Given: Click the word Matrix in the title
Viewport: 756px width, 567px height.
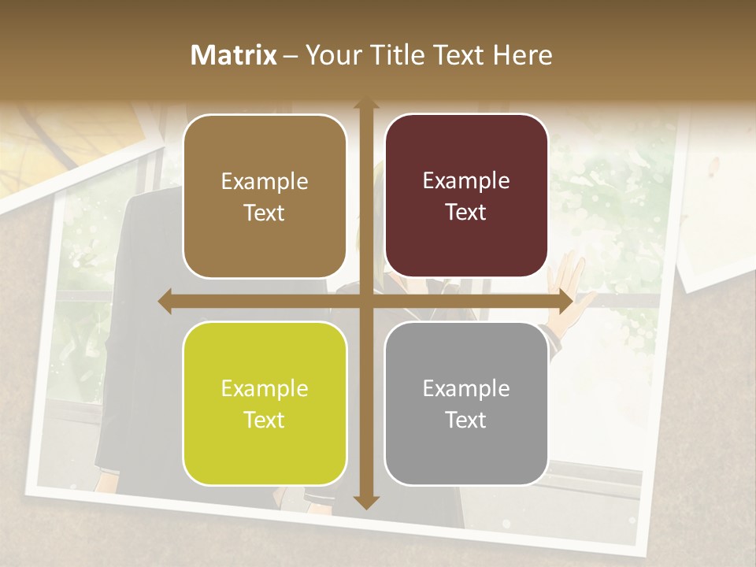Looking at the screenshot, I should coord(234,55).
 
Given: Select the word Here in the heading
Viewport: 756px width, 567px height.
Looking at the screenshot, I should coord(522,55).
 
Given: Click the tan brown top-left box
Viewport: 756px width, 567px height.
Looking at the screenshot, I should coord(265,196).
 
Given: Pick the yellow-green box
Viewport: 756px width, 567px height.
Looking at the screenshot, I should coord(265,403).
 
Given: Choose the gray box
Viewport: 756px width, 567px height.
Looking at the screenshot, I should coord(466,403).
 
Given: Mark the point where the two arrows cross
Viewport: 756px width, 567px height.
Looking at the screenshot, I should coord(365,302).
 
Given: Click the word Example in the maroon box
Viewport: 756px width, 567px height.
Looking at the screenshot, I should coord(466,180).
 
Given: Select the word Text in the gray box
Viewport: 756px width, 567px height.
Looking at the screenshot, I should coord(466,420).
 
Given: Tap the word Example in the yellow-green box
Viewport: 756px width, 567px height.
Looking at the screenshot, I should coord(265,388).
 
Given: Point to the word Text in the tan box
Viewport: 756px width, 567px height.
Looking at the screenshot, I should coord(265,213).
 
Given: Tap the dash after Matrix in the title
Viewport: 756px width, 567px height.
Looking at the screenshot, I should coord(291,56).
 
